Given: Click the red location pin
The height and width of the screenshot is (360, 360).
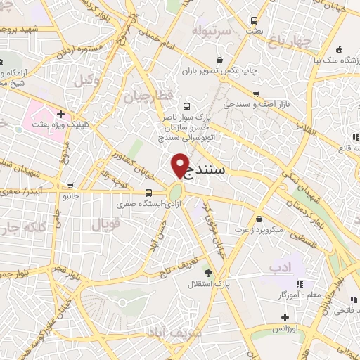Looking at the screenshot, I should click(181, 165).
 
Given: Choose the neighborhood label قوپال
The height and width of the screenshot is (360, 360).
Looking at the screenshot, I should click(107, 225).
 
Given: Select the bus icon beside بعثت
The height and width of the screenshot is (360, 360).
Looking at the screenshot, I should click(254, 20).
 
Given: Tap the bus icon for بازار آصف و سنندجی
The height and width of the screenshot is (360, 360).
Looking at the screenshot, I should click(255, 92).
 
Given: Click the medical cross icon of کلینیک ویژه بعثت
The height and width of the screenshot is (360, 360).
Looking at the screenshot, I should click(62, 113).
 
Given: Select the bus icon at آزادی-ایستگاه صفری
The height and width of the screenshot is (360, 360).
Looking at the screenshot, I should click(148, 193).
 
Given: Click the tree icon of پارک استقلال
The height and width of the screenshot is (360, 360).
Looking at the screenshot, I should click(207, 272).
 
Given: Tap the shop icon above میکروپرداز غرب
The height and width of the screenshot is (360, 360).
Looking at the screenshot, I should click(259, 219).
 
